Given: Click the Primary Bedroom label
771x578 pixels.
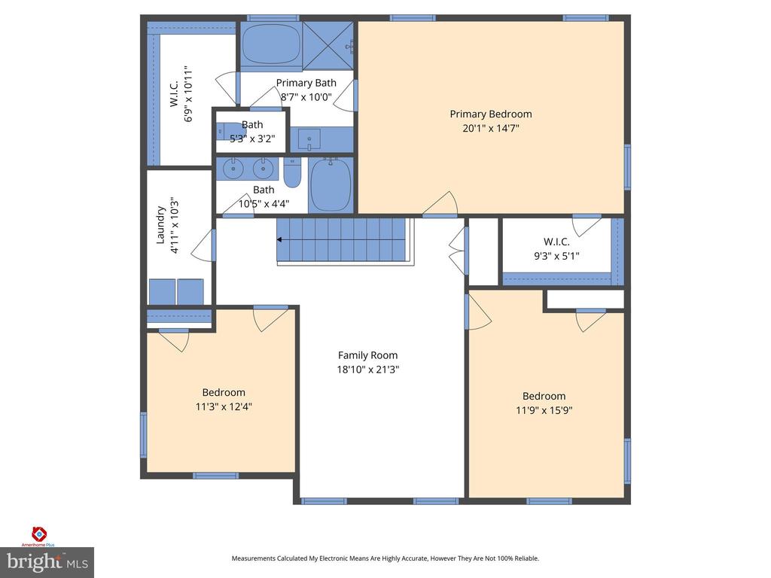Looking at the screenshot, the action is coord(491,114).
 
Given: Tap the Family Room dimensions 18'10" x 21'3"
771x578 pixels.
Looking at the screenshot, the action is coord(367,369).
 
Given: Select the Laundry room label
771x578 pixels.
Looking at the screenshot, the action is coord(160,225).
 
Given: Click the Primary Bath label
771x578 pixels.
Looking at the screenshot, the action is coord(306,83).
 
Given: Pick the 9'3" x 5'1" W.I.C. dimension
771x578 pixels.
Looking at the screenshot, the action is coord(556,256).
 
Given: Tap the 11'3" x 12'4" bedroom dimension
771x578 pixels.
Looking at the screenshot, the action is coord(224,406).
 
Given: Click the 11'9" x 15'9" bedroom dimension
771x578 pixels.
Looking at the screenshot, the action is coord(544,410).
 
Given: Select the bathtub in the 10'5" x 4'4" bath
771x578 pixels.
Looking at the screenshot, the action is coord(331,185).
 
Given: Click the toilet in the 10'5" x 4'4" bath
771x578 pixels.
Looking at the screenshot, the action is coord(292,173).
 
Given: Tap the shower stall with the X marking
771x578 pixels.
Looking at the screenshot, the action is coord(328,45).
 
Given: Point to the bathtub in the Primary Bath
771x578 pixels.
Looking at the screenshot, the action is coord(271,44).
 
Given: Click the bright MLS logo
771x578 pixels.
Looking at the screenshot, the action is coord(47,562).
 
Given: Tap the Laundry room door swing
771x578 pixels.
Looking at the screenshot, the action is coord(203,245).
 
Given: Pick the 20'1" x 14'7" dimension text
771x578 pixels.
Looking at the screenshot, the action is coord(491,128).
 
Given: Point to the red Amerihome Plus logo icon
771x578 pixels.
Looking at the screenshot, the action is coord(39,534).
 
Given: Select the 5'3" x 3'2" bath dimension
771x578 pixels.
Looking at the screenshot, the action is coord(252,138).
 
